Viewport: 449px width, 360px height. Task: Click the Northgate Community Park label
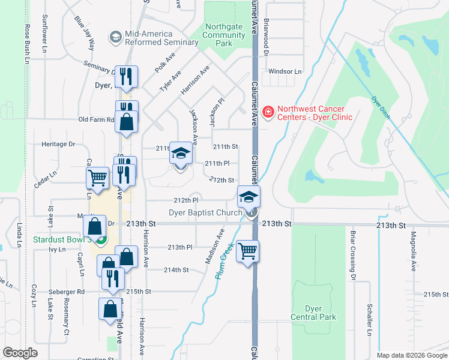(224, 35)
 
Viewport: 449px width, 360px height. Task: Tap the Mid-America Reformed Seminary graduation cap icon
(114, 37)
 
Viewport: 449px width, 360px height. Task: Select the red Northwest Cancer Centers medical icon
(268, 112)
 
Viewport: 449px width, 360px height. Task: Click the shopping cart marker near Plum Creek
(247, 251)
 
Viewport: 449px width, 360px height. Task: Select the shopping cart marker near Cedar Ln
(97, 177)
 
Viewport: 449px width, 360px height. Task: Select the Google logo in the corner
(20, 352)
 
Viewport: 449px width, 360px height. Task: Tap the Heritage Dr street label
(58, 144)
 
